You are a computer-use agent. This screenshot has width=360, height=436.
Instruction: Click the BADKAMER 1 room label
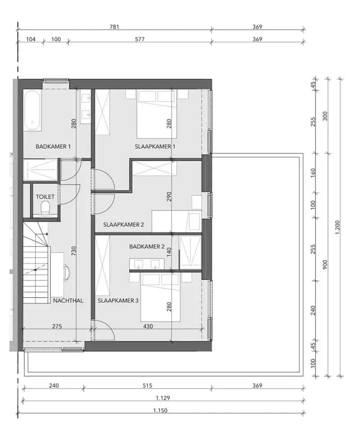click(x=53, y=146)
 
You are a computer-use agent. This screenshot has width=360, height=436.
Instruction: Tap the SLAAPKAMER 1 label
click(x=155, y=146)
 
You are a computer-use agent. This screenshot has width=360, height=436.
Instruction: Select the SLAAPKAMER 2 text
click(x=123, y=224)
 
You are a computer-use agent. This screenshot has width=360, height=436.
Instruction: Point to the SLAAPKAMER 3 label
click(x=118, y=300)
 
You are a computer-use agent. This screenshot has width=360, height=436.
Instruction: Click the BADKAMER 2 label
click(x=147, y=246)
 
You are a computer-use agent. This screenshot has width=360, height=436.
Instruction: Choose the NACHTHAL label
click(x=68, y=300)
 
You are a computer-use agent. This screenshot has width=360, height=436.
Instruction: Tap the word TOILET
click(x=45, y=196)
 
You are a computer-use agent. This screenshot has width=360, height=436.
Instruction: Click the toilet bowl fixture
click(x=45, y=208)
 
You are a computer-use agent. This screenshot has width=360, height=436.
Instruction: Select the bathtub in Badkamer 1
click(x=32, y=110)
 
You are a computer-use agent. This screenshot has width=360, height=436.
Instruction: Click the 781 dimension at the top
click(x=114, y=27)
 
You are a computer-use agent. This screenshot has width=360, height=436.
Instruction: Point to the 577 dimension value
click(x=139, y=39)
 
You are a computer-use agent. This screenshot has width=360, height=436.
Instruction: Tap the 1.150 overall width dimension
click(x=160, y=410)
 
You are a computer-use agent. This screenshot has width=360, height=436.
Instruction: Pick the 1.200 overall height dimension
click(x=337, y=227)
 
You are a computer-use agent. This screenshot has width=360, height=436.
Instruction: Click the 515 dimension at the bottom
click(x=147, y=385)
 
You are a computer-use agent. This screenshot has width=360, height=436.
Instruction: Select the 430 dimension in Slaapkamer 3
click(x=148, y=326)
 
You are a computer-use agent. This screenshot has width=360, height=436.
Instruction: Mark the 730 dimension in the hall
click(x=73, y=251)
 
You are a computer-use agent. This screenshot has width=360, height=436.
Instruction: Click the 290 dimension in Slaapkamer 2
click(x=169, y=196)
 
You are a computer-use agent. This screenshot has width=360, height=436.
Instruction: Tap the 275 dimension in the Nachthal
click(x=57, y=326)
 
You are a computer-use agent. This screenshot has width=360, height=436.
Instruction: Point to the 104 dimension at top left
click(x=31, y=39)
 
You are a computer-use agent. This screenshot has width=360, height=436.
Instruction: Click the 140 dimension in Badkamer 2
click(x=169, y=252)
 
